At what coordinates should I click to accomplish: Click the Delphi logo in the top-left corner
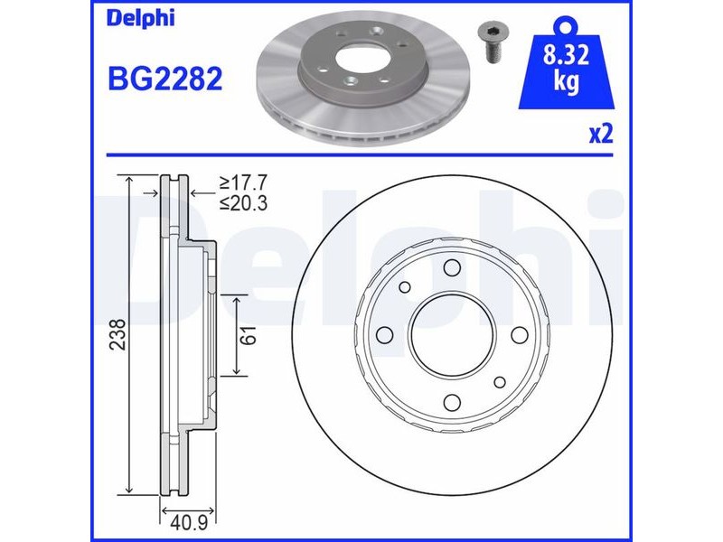click(141, 19)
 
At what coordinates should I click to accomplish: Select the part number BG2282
click(165, 79)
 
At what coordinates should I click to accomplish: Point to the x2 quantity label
click(601, 134)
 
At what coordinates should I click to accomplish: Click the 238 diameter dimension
click(119, 334)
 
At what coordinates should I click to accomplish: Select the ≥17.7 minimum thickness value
click(243, 183)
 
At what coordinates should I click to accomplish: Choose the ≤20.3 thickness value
click(243, 202)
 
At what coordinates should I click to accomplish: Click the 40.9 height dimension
click(189, 523)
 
